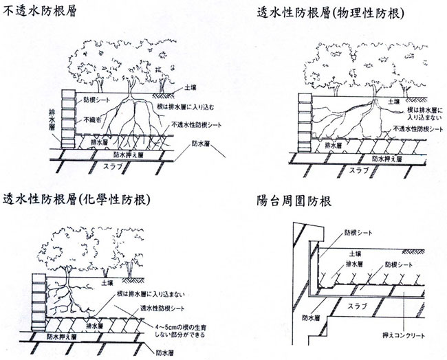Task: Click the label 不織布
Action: [94, 118]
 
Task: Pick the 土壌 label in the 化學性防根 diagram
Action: [107, 282]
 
